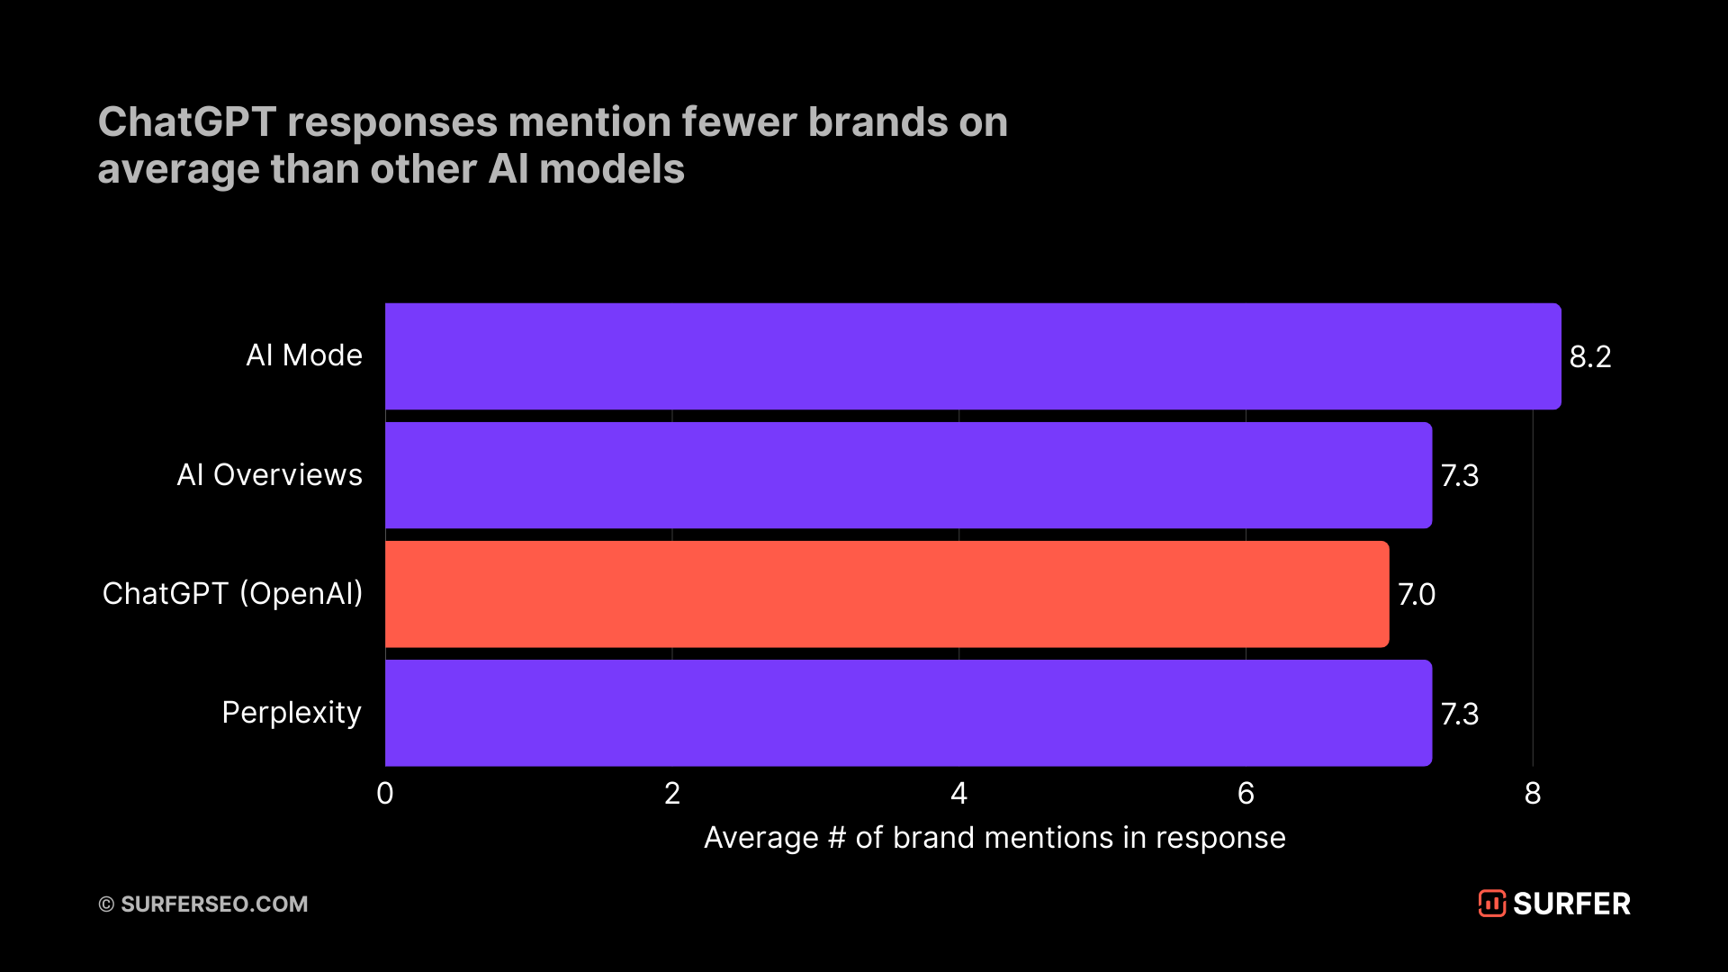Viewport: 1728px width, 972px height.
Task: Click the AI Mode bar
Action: (972, 356)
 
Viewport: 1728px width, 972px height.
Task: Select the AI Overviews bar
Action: (908, 475)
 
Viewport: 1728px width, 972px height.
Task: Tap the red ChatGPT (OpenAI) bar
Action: (886, 594)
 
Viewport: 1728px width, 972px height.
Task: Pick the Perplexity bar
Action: (908, 713)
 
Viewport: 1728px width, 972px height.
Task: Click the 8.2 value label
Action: (1589, 357)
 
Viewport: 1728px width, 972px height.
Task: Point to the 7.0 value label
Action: (1416, 595)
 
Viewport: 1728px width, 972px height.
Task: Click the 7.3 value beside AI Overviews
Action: (1459, 476)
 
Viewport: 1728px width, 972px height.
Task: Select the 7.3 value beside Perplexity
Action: (1459, 715)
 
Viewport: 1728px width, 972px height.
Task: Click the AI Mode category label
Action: (304, 355)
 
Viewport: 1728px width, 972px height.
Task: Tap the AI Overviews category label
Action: (269, 475)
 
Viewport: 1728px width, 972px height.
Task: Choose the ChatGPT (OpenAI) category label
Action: (232, 594)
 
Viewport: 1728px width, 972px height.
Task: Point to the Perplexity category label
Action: (292, 713)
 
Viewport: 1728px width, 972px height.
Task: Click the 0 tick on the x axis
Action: (385, 794)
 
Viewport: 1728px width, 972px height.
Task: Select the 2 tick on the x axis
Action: (672, 794)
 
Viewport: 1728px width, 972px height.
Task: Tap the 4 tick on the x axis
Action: (958, 794)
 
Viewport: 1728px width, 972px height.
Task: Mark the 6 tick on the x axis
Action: (1246, 794)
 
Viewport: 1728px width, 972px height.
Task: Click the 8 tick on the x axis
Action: (1533, 794)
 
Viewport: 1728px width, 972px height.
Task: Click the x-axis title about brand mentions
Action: (994, 838)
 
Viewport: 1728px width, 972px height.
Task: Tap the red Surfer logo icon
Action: (1491, 904)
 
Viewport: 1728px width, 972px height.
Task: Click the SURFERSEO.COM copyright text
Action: (203, 904)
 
